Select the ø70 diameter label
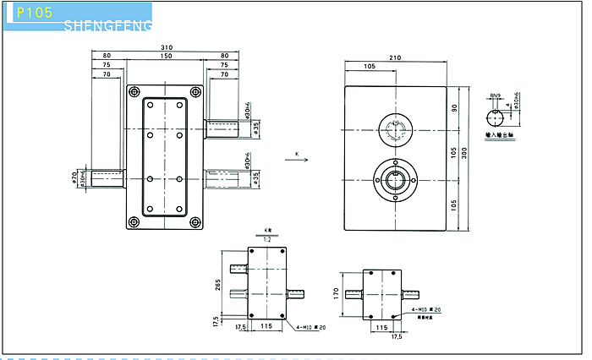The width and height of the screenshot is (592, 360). (x=76, y=178)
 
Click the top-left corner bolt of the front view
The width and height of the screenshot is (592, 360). (x=133, y=90)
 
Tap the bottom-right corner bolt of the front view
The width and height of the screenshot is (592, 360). (x=196, y=222)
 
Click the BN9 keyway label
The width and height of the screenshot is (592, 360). (x=496, y=96)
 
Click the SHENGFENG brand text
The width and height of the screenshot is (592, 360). (x=108, y=26)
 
